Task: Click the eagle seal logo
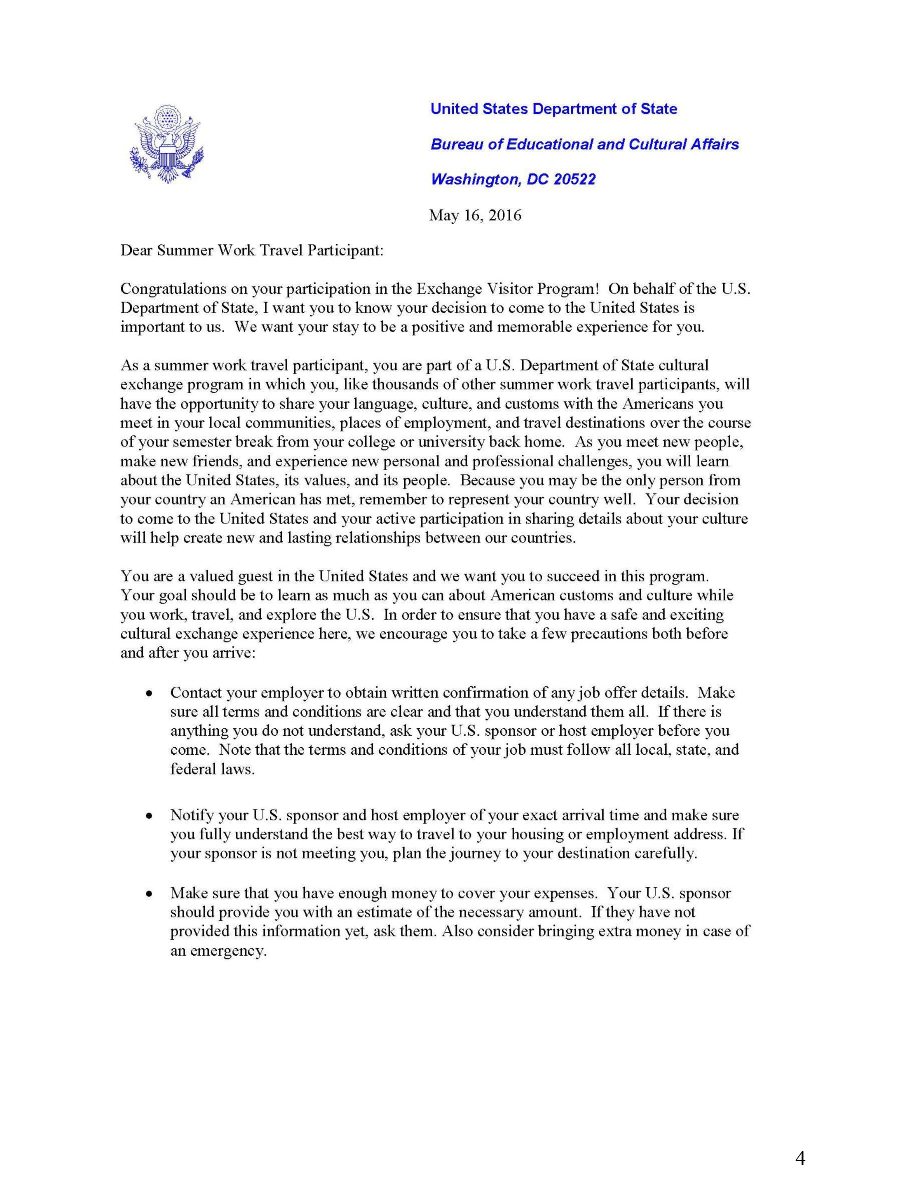[x=166, y=144]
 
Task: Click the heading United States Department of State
[x=553, y=109]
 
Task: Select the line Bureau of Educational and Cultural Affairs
[x=584, y=145]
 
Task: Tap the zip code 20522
[x=574, y=180]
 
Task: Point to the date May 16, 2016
[x=475, y=215]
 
